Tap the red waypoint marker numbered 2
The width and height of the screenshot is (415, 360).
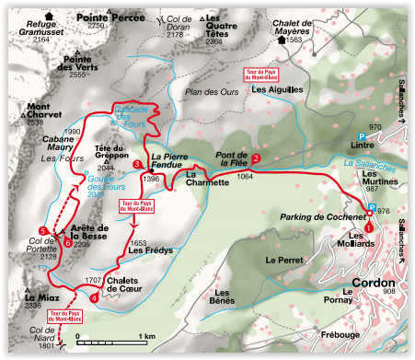(256, 158)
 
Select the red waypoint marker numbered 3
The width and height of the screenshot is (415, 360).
(137, 165)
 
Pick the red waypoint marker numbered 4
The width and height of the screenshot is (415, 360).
(96, 296)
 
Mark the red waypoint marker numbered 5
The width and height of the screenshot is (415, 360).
(43, 229)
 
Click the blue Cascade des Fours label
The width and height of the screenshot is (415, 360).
(136, 111)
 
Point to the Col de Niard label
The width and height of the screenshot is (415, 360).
(43, 335)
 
